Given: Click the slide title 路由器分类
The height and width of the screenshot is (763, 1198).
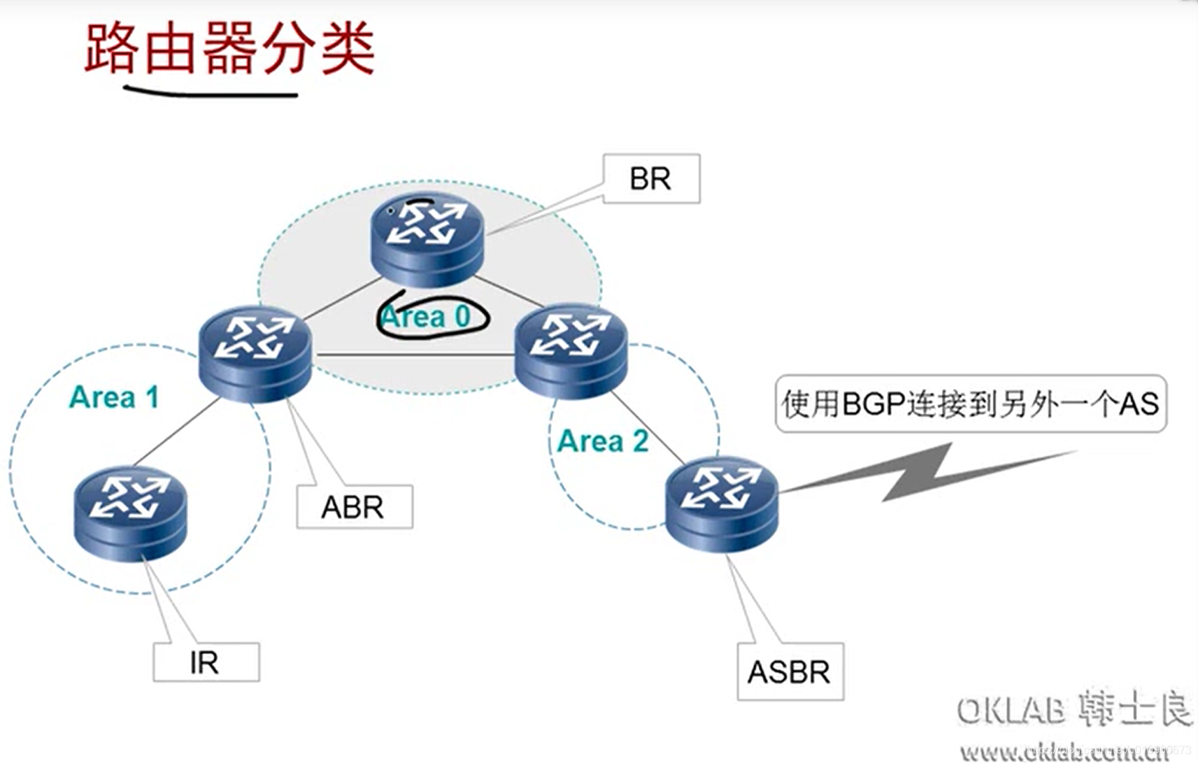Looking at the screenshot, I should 229,49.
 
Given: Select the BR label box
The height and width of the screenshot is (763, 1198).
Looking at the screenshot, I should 651,179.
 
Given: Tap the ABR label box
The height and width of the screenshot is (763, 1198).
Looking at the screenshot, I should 355,507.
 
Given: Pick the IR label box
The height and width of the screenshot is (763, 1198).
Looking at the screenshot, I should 206,662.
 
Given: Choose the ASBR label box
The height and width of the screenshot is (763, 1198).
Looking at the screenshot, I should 790,672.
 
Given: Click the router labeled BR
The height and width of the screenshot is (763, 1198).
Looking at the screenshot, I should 427,238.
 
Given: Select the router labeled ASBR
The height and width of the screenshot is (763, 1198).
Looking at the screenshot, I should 721,502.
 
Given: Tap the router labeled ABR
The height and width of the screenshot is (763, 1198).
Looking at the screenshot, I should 255,353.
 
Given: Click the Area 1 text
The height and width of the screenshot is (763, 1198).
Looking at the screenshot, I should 114,397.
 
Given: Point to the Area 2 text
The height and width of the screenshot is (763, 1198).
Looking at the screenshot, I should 603,441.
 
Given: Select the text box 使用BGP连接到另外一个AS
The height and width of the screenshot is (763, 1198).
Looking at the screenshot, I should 970,404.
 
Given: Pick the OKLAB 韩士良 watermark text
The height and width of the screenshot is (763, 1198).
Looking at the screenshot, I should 1074,710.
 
